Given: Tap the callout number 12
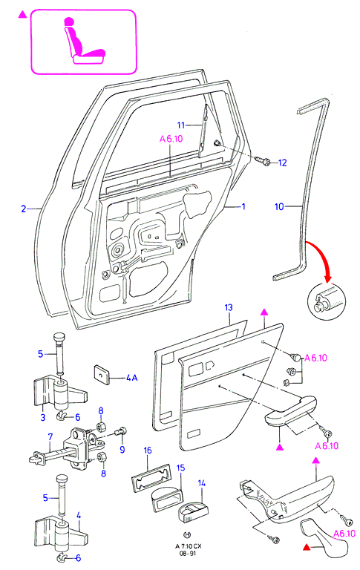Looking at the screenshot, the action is point(282,163).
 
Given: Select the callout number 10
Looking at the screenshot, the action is point(279,207).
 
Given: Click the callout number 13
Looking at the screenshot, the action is point(229,308).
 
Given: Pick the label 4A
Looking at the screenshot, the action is point(131,378).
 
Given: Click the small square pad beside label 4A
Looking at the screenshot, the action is point(102,374).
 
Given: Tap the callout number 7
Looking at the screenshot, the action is point(50,436).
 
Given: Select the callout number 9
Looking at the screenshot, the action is point(122,450).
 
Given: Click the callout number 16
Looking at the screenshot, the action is point(147,451).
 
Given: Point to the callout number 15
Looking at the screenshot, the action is point(180,468).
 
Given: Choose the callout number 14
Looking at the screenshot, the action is point(202,483).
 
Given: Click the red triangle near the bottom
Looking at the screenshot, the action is point(307,546).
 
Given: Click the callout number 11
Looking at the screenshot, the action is point(181,125).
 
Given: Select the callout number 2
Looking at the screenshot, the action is point(24,209).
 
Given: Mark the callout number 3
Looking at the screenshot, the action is point(43,417).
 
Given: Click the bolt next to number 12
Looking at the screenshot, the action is point(262,160).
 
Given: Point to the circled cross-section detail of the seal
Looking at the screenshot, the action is point(326,301).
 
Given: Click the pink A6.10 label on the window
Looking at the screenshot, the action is point(171,139).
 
